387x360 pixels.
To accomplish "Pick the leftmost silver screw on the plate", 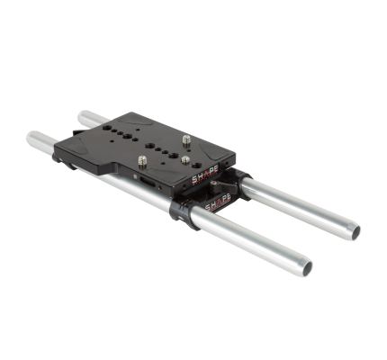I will click(143, 161).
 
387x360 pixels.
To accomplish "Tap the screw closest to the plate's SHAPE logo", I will click(184, 161).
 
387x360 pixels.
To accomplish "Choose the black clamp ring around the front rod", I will click(184, 212).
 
